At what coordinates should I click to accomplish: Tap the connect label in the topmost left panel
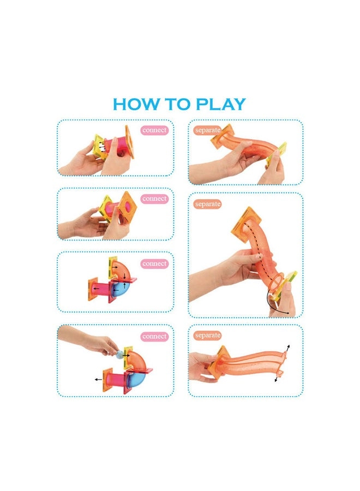point(154,130)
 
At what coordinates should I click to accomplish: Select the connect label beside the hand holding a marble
point(154,337)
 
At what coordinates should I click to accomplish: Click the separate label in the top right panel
point(207,130)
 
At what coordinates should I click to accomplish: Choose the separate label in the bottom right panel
point(207,335)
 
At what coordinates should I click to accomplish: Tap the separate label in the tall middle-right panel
point(207,204)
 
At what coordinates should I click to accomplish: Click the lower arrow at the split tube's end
point(277,377)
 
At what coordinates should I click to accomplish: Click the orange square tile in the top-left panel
point(129,141)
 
